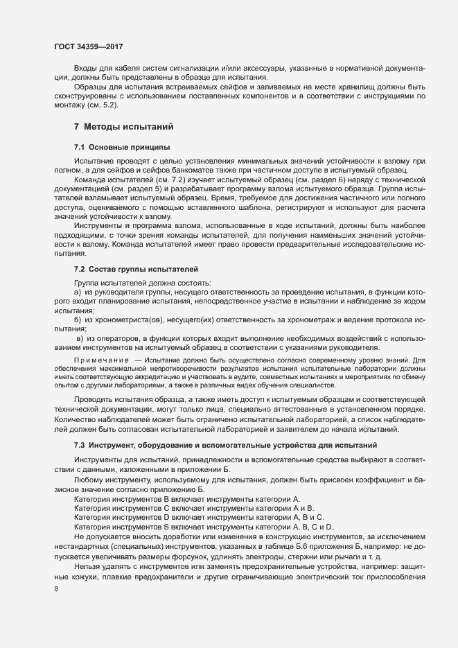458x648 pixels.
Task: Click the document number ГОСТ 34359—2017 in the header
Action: (89, 46)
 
